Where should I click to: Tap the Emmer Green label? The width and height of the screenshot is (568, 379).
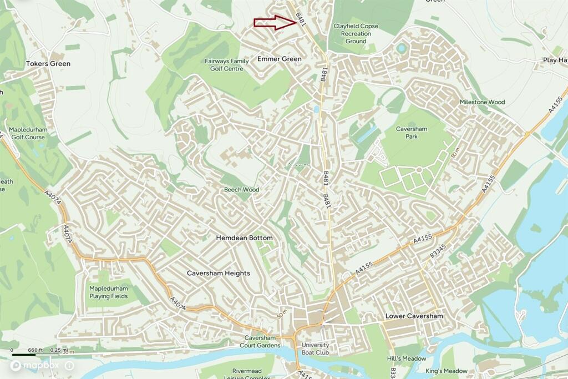pos(280,59)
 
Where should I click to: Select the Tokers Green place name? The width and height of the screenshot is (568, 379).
pos(48,64)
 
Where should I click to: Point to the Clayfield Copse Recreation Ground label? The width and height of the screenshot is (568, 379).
pos(356,34)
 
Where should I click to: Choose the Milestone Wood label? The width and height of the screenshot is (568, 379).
pos(482,102)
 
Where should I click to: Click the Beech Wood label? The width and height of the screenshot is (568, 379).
pos(241,190)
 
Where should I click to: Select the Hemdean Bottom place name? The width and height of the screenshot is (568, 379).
pos(244,238)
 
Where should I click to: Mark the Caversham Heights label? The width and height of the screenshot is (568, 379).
pos(218,273)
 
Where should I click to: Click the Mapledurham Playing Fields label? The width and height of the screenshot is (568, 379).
pos(109,292)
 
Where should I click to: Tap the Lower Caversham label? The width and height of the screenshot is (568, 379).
pos(414,316)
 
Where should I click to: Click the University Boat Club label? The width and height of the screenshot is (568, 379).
pos(315,348)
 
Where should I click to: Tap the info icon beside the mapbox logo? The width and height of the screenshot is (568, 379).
pos(69,366)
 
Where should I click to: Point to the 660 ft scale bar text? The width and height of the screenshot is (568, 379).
pos(35,351)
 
